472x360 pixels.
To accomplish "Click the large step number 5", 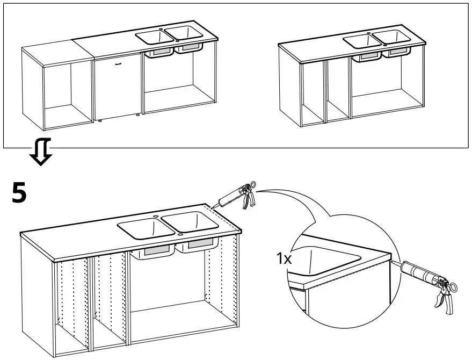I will coord(19,193).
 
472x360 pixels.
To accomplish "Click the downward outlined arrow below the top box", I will coord(40,153).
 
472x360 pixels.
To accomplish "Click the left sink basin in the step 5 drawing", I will coord(144,226).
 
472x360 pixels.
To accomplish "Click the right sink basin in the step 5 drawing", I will coord(188,222).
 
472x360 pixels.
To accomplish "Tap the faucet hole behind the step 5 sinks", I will coord(156,215).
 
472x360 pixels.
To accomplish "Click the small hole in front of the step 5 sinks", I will coord(180,234).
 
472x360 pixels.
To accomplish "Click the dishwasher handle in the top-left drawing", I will coord(119,62).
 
